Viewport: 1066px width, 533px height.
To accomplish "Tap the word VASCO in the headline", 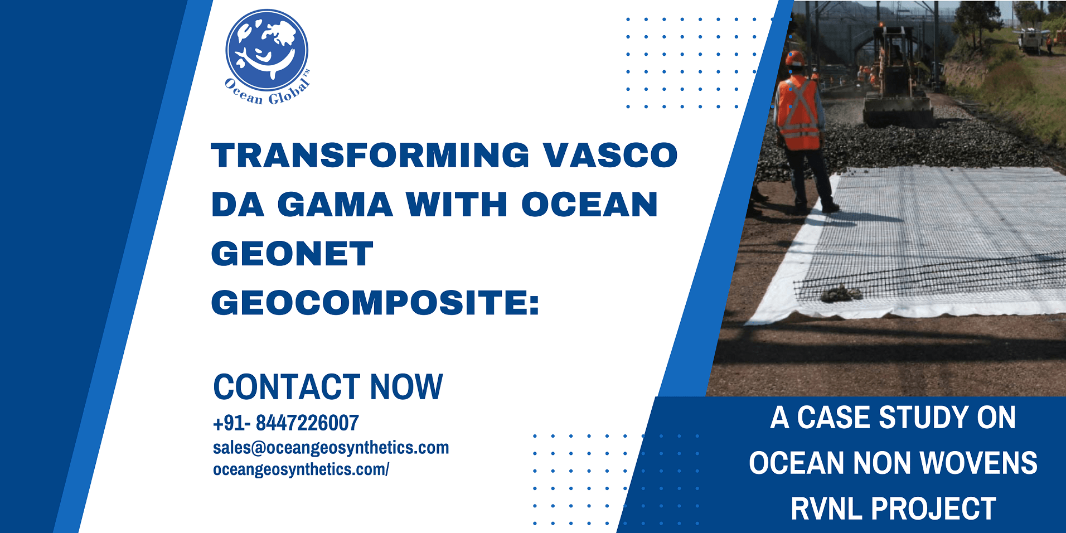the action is [x=610, y=154].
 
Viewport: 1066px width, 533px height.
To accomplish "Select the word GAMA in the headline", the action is [x=335, y=204].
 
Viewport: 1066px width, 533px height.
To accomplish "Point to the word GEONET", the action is [x=292, y=254].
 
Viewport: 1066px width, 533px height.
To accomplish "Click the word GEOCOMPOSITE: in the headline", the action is [x=375, y=303].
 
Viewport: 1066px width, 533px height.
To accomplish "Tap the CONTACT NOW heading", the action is [x=328, y=387].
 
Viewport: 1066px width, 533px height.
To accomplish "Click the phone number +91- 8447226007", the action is [x=286, y=423].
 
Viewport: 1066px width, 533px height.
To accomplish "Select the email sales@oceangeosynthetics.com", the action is [x=331, y=448].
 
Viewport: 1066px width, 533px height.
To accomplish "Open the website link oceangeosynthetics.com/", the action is [x=301, y=469].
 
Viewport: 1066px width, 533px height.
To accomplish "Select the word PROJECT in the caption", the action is [x=934, y=508].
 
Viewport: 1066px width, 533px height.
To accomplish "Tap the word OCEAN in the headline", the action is [x=590, y=204].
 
